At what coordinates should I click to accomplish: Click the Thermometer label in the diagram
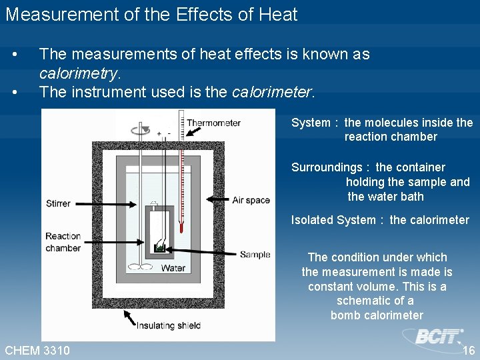tap(213, 123)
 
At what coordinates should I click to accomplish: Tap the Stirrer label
tap(58, 203)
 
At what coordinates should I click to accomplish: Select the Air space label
tap(251, 200)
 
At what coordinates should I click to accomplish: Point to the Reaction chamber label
tap(63, 242)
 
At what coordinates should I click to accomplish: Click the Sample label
tap(255, 254)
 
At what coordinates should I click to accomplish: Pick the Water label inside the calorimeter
tap(173, 268)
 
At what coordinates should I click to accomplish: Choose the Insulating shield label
tap(168, 325)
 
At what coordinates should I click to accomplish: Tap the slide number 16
tap(468, 350)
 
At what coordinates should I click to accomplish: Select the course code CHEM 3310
tap(37, 350)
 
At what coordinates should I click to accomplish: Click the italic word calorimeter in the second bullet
tap(271, 92)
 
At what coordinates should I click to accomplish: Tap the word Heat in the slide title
tap(275, 14)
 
